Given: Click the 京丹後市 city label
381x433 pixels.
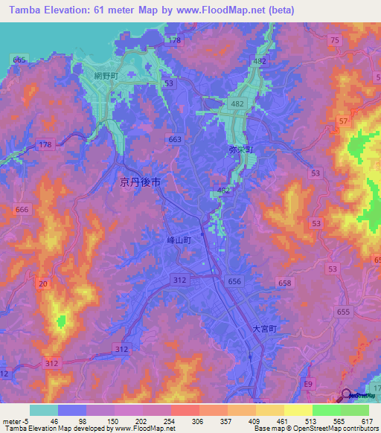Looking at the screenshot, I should (141, 182).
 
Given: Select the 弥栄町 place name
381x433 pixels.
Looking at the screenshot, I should (240, 150).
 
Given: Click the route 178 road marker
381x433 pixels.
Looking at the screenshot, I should (45, 145).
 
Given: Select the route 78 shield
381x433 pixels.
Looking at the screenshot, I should (176, 40).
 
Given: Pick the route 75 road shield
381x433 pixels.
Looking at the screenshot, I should (334, 39).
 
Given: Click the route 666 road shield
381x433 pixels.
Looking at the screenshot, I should (22, 211).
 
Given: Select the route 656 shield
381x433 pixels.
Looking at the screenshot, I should (235, 280).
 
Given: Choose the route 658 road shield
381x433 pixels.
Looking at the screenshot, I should (284, 282).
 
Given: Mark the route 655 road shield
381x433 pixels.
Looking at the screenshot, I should (343, 313).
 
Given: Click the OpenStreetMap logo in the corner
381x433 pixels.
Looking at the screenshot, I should (357, 397).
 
